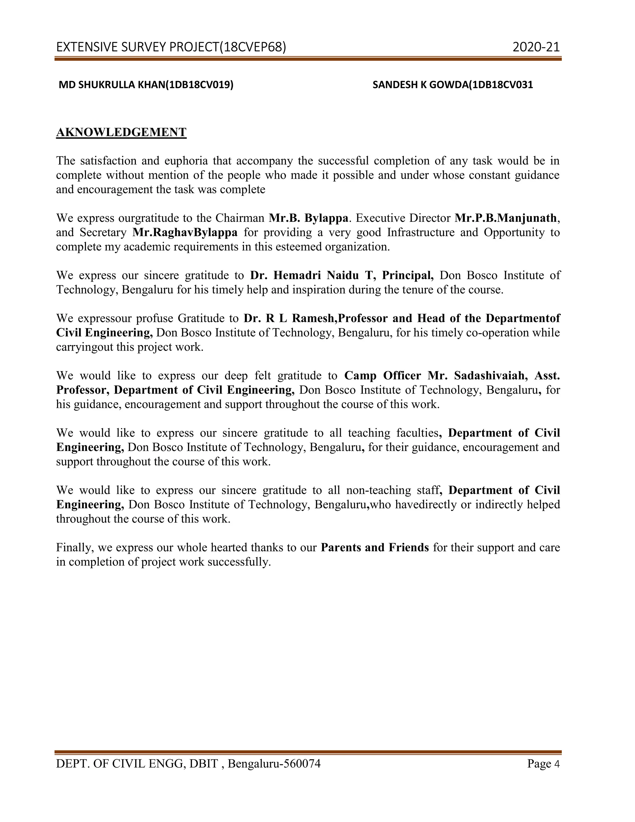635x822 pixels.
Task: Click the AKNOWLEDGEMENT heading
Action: [121, 132]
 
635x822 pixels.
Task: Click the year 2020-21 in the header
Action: [536, 47]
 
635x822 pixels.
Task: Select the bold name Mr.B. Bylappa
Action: [309, 218]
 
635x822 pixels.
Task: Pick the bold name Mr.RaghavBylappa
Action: [185, 232]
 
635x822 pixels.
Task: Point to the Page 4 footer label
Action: [543, 764]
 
